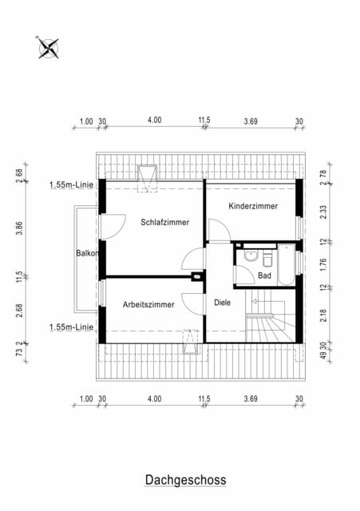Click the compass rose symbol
point(49,48)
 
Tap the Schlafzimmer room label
point(165,222)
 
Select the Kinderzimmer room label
point(253,206)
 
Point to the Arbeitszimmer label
point(148,305)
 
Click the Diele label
point(223,303)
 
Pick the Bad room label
point(264,275)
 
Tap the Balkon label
point(87,253)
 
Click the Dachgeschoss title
point(185,480)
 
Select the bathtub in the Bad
point(287,265)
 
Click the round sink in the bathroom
point(250,255)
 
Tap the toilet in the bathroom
point(267,259)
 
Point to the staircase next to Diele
point(271,315)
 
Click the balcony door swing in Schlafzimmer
point(113,227)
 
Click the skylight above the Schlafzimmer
point(147,178)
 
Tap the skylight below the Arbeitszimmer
point(191,342)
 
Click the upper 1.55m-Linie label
point(71,184)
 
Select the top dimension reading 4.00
point(154,121)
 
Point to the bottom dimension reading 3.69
point(251,399)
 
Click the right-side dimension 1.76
point(323,264)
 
